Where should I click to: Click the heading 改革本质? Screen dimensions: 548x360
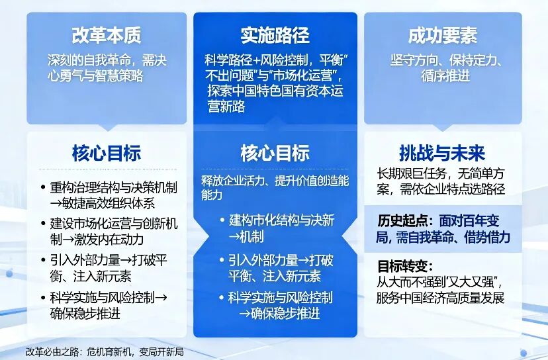pyautogui.click(x=107, y=35)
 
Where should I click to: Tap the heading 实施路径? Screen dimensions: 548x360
pyautogui.click(x=275, y=35)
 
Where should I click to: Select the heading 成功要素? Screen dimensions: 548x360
pyautogui.click(x=443, y=35)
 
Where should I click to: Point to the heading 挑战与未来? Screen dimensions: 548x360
pyautogui.click(x=443, y=153)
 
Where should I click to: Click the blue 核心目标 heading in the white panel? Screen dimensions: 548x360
pyautogui.click(x=107, y=153)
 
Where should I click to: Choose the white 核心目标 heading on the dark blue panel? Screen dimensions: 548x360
pyautogui.click(x=275, y=153)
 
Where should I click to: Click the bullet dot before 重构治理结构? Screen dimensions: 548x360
pyautogui.click(x=43, y=187)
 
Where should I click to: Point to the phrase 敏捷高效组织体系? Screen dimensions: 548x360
pyautogui.click(x=108, y=203)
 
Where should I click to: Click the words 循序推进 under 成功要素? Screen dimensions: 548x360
pyautogui.click(x=445, y=76)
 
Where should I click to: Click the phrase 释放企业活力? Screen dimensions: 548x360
pyautogui.click(x=236, y=181)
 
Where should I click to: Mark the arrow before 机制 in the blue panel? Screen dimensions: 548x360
pyautogui.click(x=234, y=237)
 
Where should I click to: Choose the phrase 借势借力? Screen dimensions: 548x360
pyautogui.click(x=487, y=238)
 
